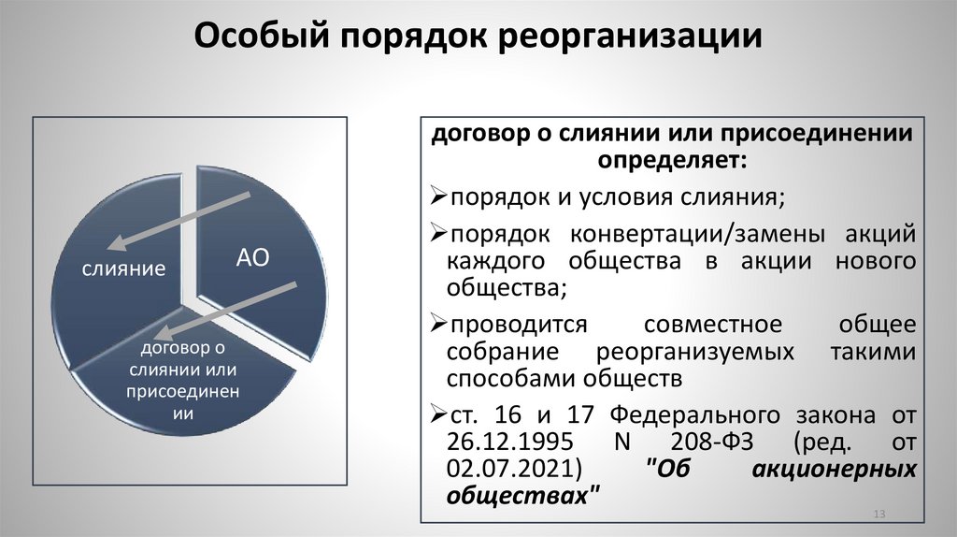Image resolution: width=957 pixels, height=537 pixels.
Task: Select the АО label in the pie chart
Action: point(252,258)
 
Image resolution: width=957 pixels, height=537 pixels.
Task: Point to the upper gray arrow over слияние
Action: point(179,221)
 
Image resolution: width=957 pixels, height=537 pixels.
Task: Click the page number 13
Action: point(878,515)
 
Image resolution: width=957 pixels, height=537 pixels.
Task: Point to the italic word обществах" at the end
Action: point(522,493)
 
